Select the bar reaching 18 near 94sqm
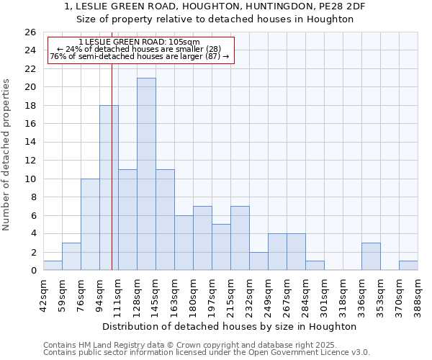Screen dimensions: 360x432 tap(109, 188)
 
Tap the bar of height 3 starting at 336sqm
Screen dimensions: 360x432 tap(371, 257)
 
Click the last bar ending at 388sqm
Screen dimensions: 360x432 tap(408, 266)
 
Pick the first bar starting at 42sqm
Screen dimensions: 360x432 tap(53, 266)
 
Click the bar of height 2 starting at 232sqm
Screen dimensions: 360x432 tap(258, 261)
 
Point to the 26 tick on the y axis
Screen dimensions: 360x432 tap(31, 32)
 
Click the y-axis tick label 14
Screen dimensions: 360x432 tap(31, 143)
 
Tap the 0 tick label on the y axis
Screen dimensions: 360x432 tap(34, 271)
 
